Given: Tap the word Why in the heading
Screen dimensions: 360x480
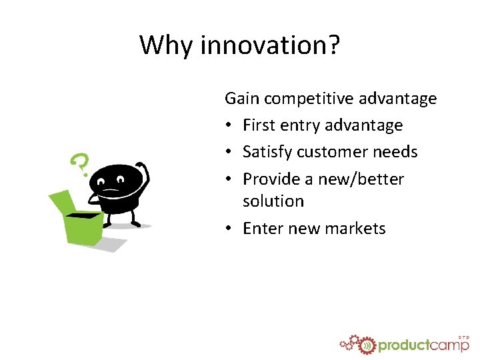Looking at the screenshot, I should [x=167, y=45].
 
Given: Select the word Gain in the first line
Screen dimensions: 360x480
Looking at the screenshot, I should [x=242, y=99].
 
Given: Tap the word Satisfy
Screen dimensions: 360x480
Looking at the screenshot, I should [x=267, y=152].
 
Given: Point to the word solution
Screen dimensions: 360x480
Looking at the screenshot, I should [x=273, y=201].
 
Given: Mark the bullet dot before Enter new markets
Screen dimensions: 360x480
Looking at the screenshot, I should [x=229, y=229].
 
